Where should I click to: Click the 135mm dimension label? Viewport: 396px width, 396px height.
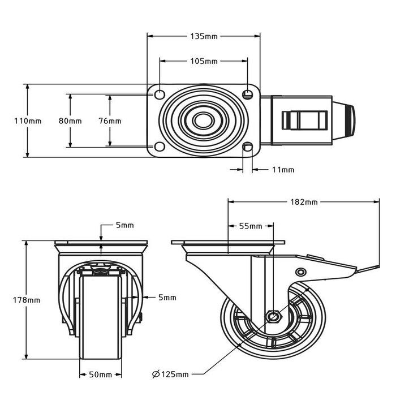pyautogui.click(x=204, y=36)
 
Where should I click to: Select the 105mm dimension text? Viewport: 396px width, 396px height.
pyautogui.click(x=204, y=61)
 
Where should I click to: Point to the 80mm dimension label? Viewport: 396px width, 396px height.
pyautogui.click(x=70, y=121)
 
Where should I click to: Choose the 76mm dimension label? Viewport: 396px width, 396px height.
pyautogui.click(x=110, y=121)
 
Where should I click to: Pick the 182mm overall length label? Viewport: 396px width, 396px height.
pyautogui.click(x=304, y=202)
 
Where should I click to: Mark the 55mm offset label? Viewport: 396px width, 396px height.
pyautogui.click(x=251, y=226)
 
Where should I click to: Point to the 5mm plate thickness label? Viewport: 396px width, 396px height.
pyautogui.click(x=124, y=225)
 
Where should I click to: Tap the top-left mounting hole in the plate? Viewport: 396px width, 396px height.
pyautogui.click(x=160, y=93)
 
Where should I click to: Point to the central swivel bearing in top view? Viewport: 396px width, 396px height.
pyautogui.click(x=200, y=120)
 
